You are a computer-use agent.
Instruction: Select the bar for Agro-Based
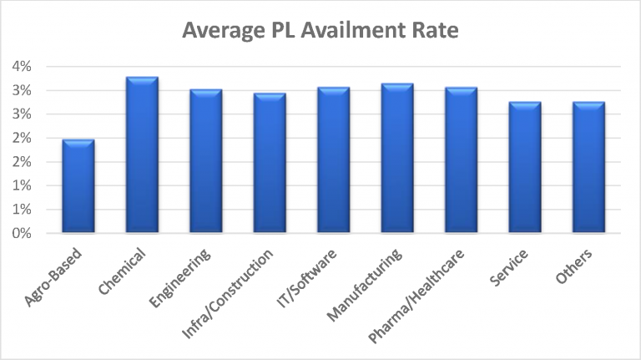78,186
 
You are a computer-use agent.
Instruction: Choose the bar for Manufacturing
397,159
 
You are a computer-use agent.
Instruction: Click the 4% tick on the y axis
21,66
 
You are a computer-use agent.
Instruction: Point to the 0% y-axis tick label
21,234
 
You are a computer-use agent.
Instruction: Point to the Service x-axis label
511,268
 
